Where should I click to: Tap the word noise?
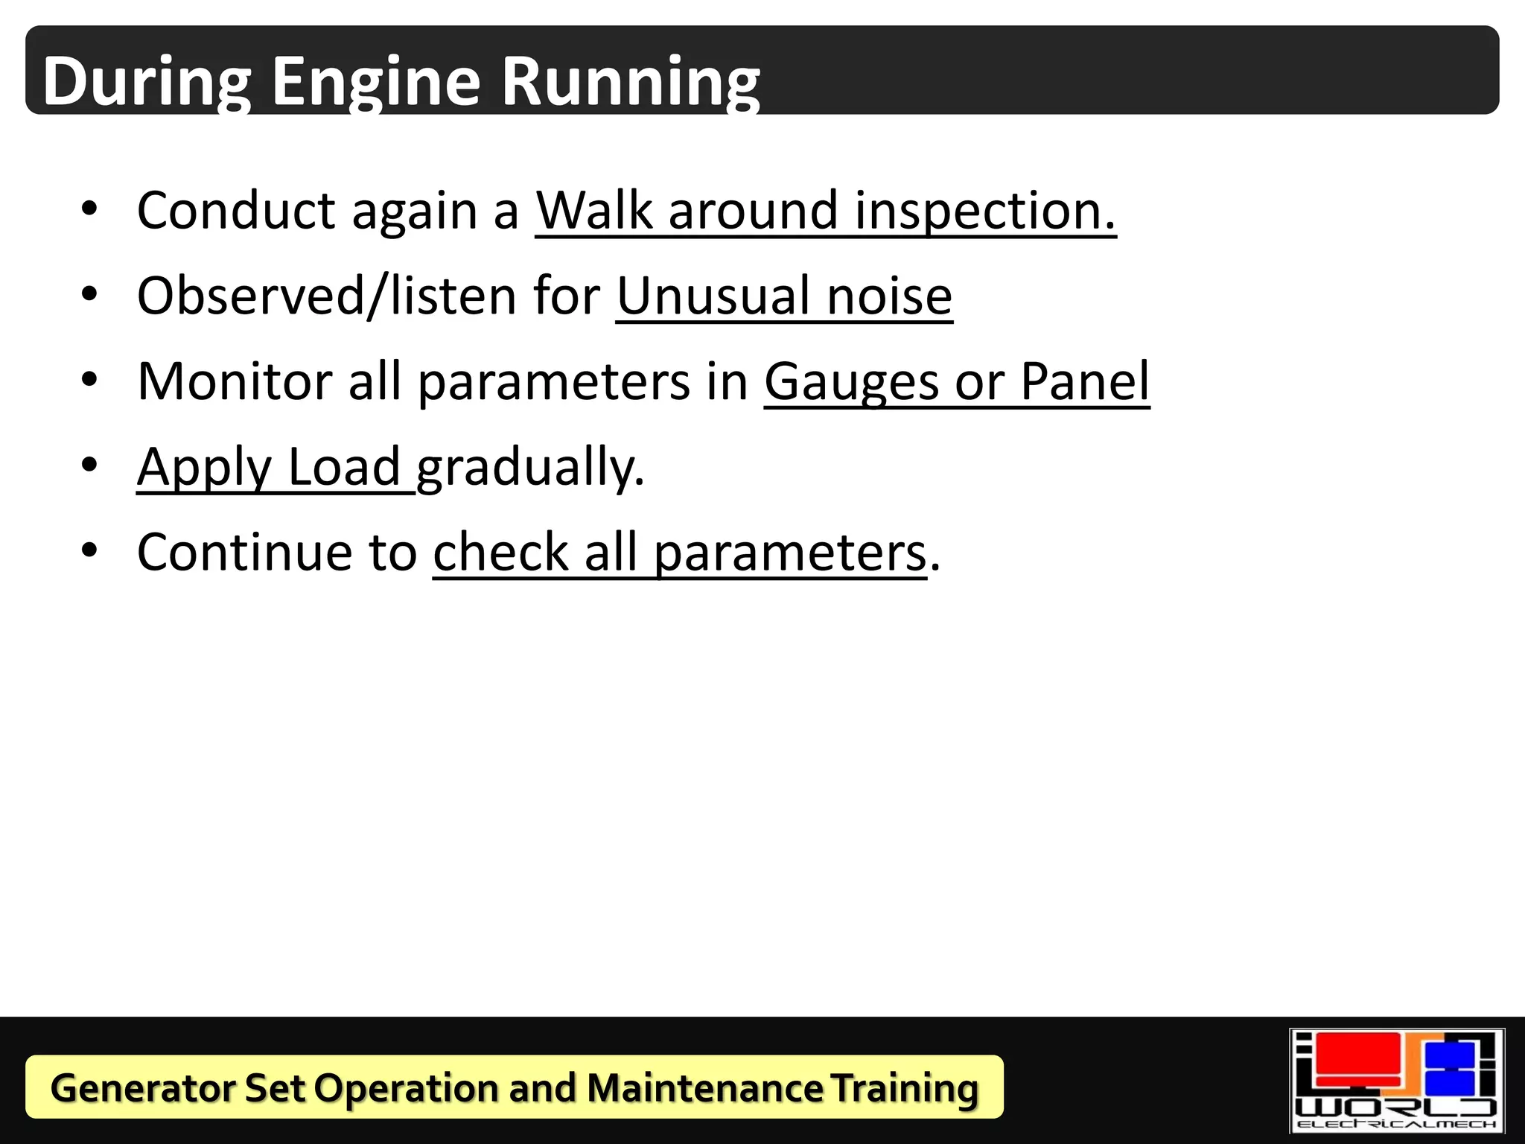tap(889, 296)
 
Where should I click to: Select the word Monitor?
tap(235, 381)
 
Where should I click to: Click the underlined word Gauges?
tap(852, 381)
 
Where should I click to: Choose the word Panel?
tap(1085, 381)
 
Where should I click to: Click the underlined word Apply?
tap(204, 468)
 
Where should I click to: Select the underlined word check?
tap(501, 553)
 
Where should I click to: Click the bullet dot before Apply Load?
tap(89, 465)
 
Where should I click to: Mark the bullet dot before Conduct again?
tap(89, 209)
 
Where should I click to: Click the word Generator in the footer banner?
tap(141, 1087)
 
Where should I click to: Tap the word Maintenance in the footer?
tap(704, 1087)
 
